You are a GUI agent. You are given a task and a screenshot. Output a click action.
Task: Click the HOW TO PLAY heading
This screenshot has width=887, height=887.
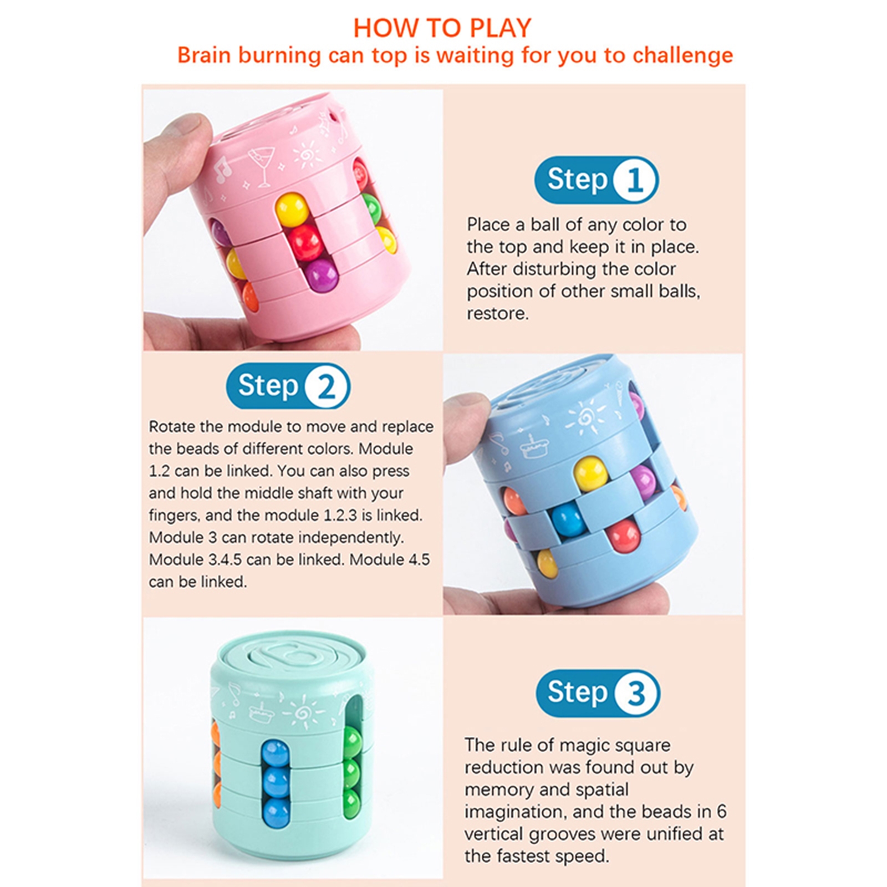pyautogui.click(x=442, y=28)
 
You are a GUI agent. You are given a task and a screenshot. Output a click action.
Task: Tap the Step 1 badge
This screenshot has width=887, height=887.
pyautogui.click(x=597, y=180)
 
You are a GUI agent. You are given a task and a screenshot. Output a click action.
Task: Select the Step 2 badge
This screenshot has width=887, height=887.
pyautogui.click(x=288, y=386)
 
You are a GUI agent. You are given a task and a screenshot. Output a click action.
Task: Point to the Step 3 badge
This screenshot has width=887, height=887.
pyautogui.click(x=598, y=693)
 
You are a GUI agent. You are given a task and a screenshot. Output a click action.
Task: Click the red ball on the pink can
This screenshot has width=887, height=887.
pyautogui.click(x=305, y=242)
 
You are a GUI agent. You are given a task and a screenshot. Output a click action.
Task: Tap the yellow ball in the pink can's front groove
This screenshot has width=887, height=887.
pyautogui.click(x=292, y=210)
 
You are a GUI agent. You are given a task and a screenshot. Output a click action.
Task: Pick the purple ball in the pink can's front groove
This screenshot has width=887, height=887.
pyautogui.click(x=321, y=276)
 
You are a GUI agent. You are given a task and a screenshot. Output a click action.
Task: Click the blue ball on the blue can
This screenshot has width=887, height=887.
pyautogui.click(x=568, y=521)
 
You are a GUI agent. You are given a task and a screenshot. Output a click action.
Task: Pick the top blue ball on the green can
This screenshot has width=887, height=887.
pyautogui.click(x=276, y=753)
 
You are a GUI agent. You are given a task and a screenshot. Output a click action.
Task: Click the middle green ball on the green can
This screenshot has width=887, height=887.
pyautogui.click(x=352, y=771)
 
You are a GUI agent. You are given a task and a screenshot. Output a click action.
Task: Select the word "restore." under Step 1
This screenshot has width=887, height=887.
pyautogui.click(x=498, y=314)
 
